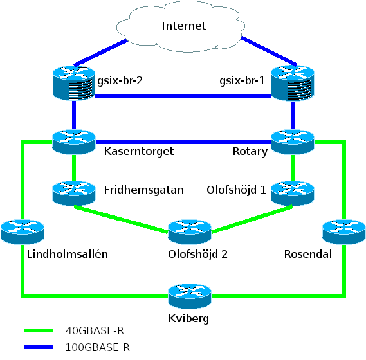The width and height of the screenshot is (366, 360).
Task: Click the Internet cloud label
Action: pos(184,26)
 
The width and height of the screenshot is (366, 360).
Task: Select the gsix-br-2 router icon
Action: pos(74,83)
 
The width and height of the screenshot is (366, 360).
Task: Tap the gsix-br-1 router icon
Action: pos(293,83)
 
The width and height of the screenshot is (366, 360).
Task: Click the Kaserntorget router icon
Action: pos(74,142)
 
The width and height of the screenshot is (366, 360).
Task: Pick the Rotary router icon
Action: pos(293,142)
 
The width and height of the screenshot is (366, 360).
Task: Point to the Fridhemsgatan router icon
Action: pos(74,194)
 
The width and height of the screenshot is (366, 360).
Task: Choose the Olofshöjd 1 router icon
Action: pos(293,194)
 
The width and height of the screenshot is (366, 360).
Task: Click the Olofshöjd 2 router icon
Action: pos(190,232)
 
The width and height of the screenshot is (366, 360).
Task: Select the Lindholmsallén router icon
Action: pos(23,232)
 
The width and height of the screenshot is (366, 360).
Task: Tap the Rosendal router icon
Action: pos(344,232)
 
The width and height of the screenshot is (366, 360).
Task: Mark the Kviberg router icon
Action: pos(190,296)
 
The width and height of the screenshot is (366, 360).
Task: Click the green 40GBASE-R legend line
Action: pos(39,330)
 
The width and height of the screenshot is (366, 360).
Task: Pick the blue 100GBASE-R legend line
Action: pos(39,347)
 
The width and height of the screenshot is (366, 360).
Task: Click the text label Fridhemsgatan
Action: pos(144,190)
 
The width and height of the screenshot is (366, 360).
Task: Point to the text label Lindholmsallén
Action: pos(68,254)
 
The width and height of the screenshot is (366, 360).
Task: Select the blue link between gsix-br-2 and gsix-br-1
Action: pos(183,96)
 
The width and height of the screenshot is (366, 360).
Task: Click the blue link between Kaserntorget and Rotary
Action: pos(183,142)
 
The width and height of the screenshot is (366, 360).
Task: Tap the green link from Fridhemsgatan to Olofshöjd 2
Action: pos(121,219)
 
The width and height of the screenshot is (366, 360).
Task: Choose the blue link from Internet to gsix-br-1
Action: pos(269,51)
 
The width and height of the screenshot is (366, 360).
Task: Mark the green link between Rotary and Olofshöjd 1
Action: pos(293,168)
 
